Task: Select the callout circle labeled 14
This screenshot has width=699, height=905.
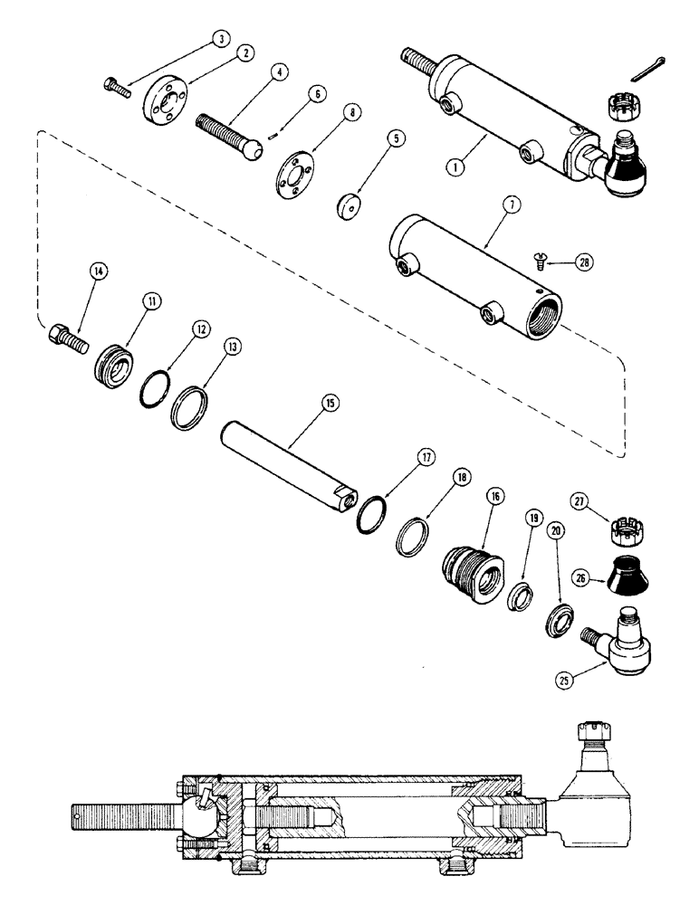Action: [x=98, y=270]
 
